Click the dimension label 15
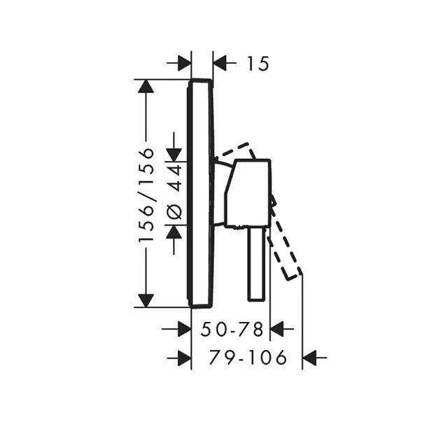tap(258, 64)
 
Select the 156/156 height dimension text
tap(146, 195)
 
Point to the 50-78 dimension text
tap(232, 329)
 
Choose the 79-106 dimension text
tap(248, 358)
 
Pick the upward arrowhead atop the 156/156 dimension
tap(146, 86)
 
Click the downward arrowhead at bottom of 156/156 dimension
tap(146, 300)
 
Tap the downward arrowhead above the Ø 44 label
tap(174, 155)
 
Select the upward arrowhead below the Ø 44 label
tap(174, 232)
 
